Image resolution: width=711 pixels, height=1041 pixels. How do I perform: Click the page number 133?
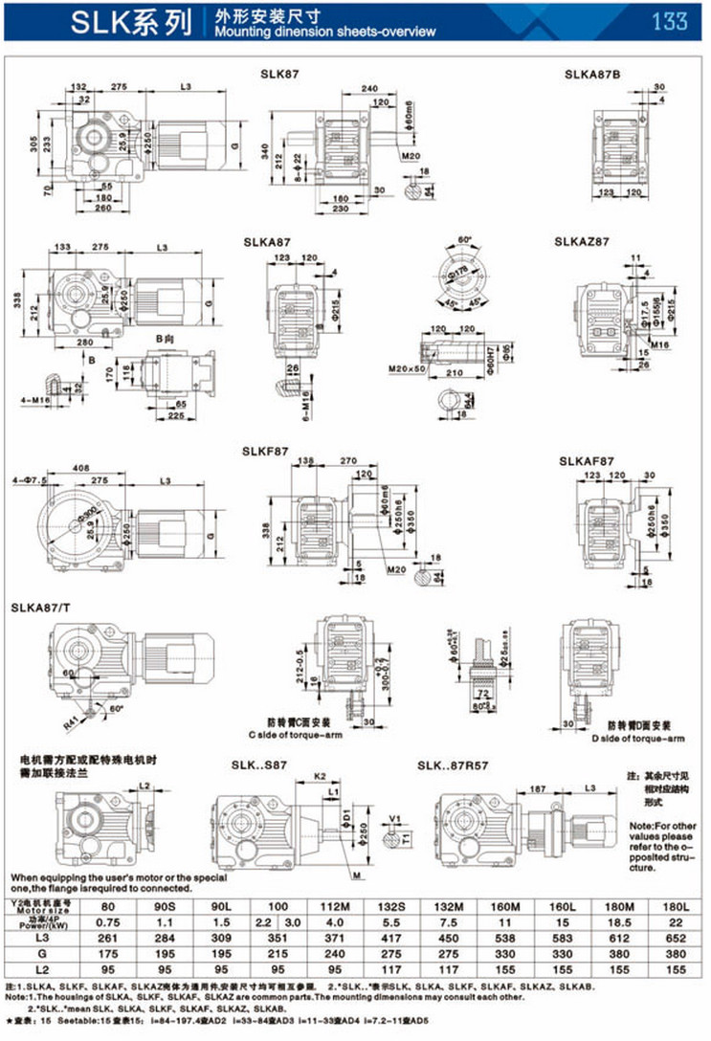[670, 21]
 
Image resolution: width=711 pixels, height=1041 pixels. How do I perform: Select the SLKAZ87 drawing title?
[581, 242]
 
